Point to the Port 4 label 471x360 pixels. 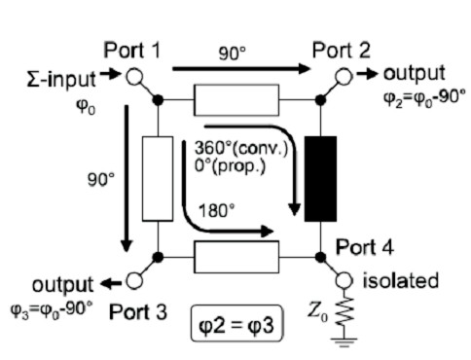[365, 247]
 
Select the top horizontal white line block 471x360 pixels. [236, 99]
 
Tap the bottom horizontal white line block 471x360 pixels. [236, 258]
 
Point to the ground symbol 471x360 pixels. [343, 341]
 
